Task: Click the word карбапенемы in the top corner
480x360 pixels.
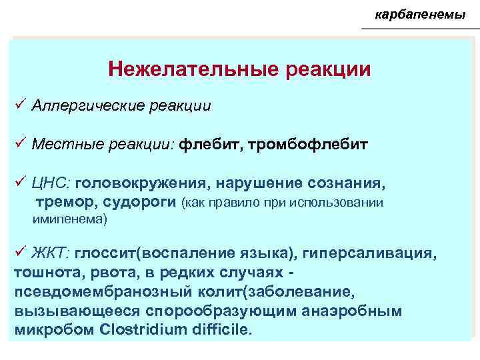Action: [419, 14]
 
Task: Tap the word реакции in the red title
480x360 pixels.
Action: [329, 69]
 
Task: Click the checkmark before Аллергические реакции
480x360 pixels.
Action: [19, 105]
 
